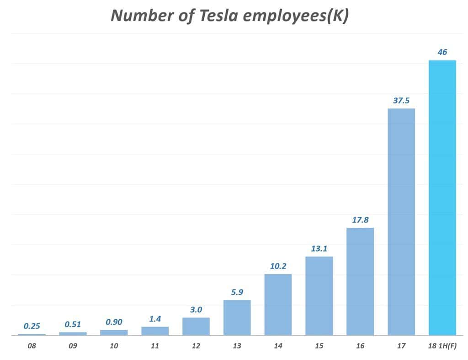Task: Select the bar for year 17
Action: [401, 222]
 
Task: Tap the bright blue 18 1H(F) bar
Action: [442, 198]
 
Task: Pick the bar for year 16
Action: [360, 281]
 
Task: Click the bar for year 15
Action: [319, 296]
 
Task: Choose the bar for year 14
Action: [278, 305]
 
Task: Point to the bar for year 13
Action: [237, 317]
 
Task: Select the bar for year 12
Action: [196, 326]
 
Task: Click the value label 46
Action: [442, 52]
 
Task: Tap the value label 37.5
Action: [401, 101]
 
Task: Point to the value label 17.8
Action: [360, 220]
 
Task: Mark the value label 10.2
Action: [278, 266]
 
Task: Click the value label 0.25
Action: [32, 326]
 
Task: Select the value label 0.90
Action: [114, 322]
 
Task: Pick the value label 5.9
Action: [237, 292]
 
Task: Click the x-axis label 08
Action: [32, 346]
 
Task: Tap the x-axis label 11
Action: [155, 346]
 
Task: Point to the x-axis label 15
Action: [319, 346]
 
